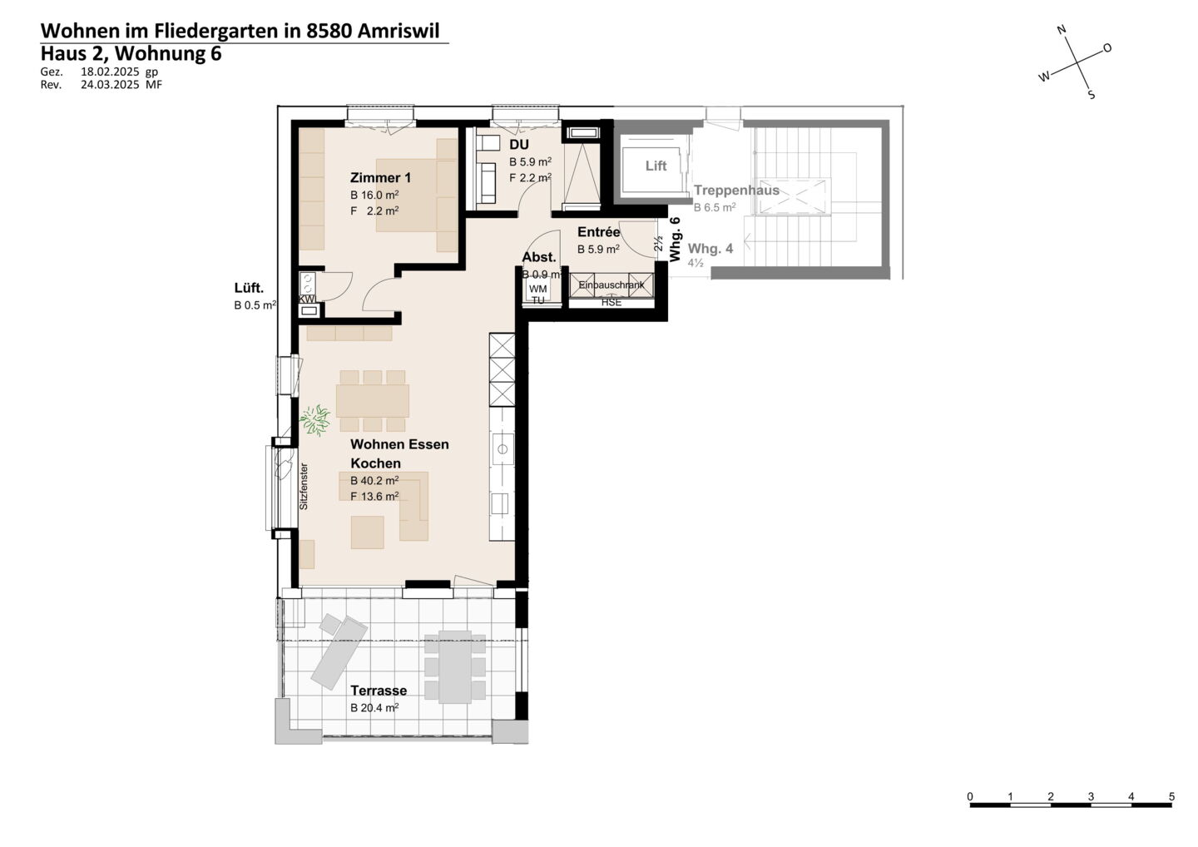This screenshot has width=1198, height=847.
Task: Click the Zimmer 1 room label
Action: (x=380, y=177)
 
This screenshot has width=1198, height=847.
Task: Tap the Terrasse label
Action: (x=379, y=691)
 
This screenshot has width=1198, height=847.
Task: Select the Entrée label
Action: (x=598, y=232)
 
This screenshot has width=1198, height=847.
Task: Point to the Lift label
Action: (x=656, y=166)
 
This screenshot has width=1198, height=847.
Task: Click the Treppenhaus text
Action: (x=736, y=190)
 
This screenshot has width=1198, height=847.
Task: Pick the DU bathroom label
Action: (x=519, y=145)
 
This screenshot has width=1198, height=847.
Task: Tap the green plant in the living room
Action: (x=315, y=419)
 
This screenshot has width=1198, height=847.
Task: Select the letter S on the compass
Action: (x=1092, y=95)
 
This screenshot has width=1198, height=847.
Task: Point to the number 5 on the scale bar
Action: (x=1171, y=797)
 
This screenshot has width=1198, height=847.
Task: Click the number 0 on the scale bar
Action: (x=970, y=797)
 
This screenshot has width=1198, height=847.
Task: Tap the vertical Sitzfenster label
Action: (x=304, y=486)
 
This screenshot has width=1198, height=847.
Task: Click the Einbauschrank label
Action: (x=611, y=285)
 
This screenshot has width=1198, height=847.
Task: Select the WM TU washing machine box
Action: (x=538, y=294)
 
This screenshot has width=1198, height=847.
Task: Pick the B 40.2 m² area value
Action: (x=374, y=480)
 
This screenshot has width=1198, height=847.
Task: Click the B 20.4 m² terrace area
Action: (x=374, y=708)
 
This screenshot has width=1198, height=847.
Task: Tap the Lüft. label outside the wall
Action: (x=250, y=288)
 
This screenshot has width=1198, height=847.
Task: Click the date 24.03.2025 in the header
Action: (x=110, y=85)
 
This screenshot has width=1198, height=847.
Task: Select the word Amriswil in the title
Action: (x=399, y=31)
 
